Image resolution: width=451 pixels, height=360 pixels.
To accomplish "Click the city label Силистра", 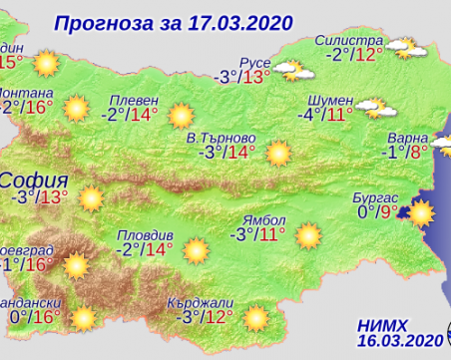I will [351, 39].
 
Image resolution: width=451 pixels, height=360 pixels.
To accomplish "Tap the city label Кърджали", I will [209, 301].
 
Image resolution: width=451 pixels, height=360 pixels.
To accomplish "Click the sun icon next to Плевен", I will [181, 116].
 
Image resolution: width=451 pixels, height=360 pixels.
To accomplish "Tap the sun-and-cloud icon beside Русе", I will [288, 69].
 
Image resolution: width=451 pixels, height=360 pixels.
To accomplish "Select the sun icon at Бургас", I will [420, 212].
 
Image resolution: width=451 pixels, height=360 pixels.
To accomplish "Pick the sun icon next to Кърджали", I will [256, 317].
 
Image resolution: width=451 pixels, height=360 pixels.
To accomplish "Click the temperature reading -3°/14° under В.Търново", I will [226, 153].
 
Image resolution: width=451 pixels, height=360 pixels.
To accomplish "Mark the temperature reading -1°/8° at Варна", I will [405, 152].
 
